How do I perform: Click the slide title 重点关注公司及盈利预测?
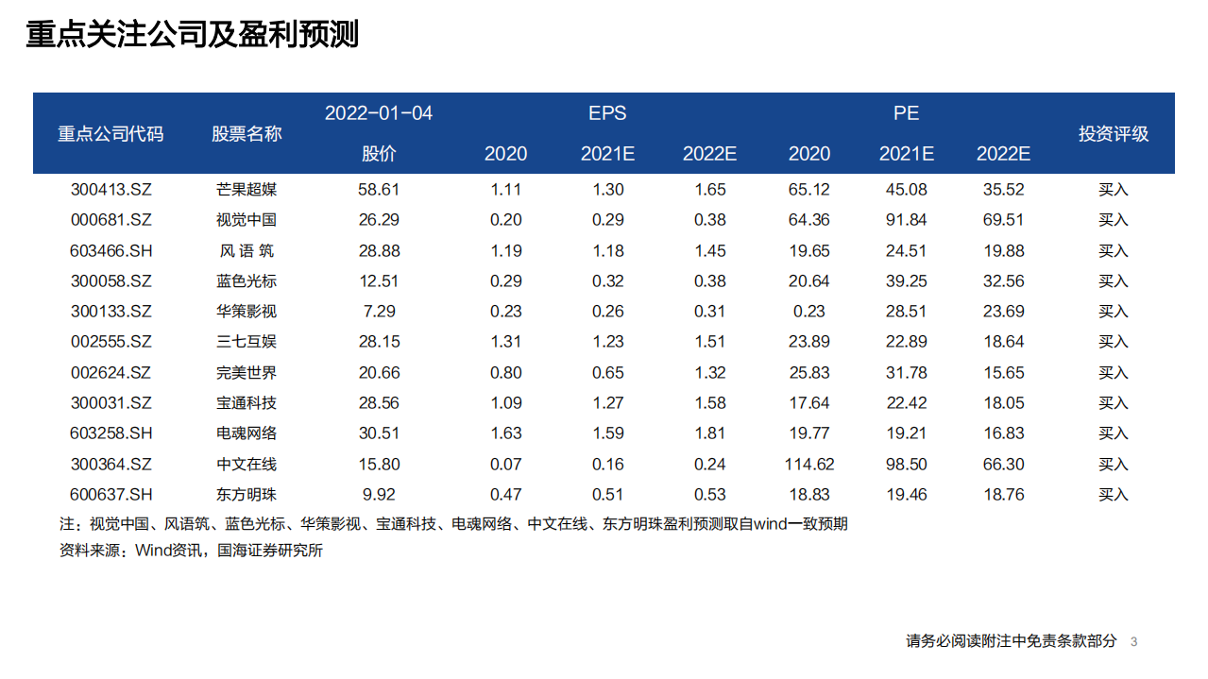click(192, 35)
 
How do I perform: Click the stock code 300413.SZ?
click(111, 190)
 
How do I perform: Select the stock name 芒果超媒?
click(247, 190)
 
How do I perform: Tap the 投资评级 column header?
click(1114, 133)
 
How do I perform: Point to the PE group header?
click(906, 113)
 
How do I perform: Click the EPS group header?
click(607, 113)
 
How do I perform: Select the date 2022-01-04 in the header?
click(379, 113)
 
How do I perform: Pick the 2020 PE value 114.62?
click(809, 465)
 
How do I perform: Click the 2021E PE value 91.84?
click(906, 220)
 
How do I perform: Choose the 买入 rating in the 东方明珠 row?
click(1114, 495)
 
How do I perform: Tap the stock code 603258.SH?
click(111, 433)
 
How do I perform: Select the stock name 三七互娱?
click(247, 342)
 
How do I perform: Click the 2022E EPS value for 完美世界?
click(709, 373)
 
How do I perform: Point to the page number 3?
click(1133, 642)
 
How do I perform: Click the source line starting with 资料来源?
click(191, 551)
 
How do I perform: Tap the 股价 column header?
click(379, 154)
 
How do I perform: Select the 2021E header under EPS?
click(607, 154)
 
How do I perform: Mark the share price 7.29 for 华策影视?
click(379, 312)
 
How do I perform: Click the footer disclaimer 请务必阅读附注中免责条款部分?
click(1011, 641)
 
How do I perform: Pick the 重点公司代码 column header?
click(111, 133)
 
